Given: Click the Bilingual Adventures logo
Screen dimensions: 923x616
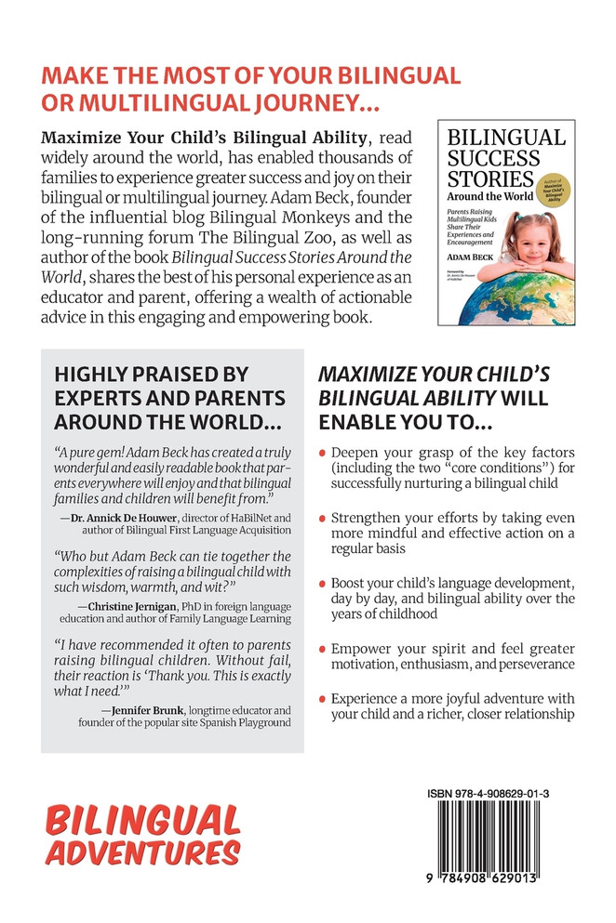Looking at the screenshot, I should click(143, 836).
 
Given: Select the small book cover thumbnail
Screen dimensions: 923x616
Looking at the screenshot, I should click(506, 222).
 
